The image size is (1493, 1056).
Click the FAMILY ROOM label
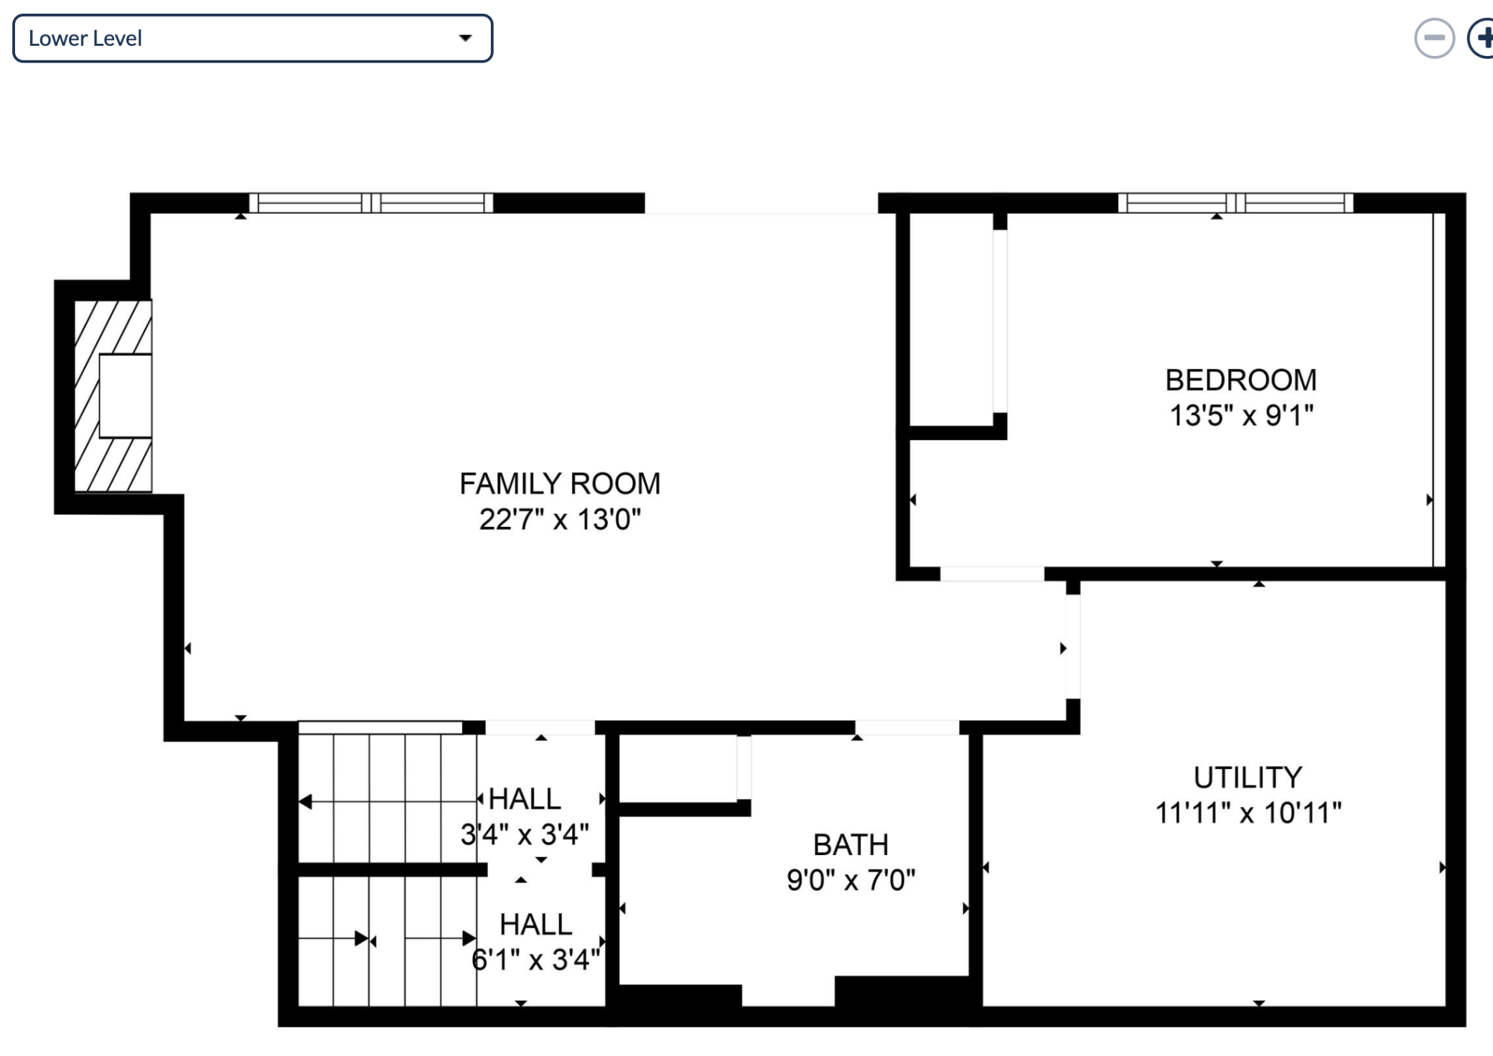point(560,484)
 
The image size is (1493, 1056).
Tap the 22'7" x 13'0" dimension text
point(560,519)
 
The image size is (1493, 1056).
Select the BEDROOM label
point(1241,380)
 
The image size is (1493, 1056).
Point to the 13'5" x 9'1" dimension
point(1241,416)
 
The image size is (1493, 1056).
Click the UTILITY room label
point(1248,777)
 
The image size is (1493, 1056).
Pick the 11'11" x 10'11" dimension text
point(1248,813)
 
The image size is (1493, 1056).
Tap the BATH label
point(851,845)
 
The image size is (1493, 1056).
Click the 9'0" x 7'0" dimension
point(851,880)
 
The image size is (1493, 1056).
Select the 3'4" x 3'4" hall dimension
point(525,834)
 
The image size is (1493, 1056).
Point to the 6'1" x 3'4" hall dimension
point(535,960)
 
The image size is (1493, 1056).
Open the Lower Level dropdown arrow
point(466,38)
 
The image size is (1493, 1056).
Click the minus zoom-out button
point(1434,38)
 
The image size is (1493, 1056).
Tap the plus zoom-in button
point(1482,38)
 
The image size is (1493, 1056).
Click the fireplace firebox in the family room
point(125,396)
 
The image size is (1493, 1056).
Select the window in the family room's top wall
point(371,203)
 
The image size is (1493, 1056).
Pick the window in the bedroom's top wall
point(1235,203)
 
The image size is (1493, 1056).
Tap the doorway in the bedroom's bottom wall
point(992,574)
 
